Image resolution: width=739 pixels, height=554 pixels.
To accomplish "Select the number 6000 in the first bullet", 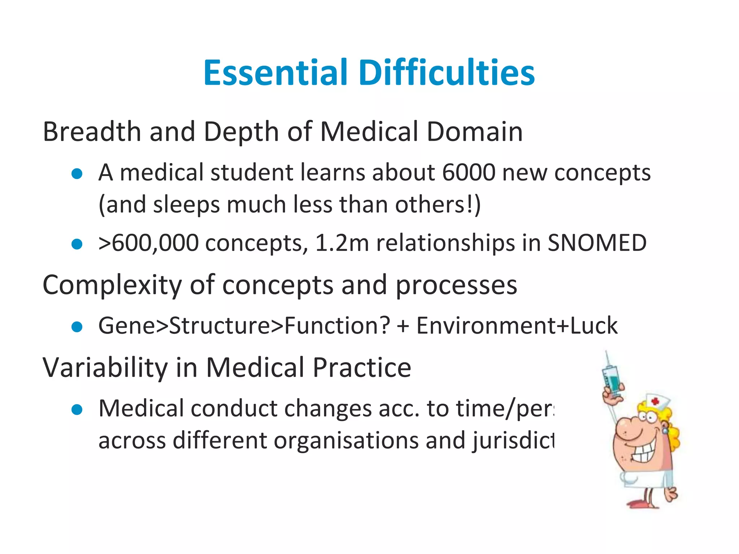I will (x=469, y=172).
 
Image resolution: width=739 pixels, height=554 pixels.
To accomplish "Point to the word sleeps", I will (x=186, y=205).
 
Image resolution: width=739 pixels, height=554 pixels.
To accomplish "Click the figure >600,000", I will (x=148, y=243).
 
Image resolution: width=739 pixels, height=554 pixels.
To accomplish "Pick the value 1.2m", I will (x=342, y=243).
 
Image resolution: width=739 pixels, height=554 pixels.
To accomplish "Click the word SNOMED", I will (x=597, y=243).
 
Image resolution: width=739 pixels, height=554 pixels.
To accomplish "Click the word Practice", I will (x=362, y=368).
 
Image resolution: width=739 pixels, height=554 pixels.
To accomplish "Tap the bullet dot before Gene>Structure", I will (x=77, y=327).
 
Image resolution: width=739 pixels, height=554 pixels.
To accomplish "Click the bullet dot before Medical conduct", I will (x=77, y=410).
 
